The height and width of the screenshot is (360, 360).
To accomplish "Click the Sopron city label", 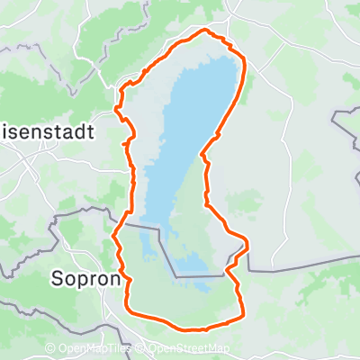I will [x=85, y=278].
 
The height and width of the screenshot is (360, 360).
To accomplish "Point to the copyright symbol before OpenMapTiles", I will [x=50, y=349].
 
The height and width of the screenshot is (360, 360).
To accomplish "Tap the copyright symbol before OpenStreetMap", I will [x=139, y=349].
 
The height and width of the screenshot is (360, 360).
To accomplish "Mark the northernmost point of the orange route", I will [x=205, y=31].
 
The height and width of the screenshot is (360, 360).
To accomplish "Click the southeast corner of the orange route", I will [x=242, y=315].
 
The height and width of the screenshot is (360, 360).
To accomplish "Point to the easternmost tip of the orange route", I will [x=247, y=244].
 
